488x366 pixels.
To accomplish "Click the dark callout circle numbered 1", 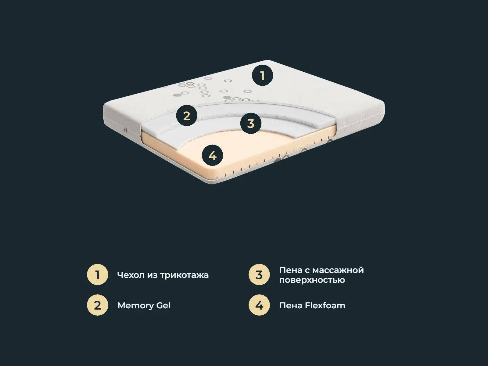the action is pos(262,75).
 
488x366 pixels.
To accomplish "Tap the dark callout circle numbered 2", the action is pos(187,116).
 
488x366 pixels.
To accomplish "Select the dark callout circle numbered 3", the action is pos(251,123).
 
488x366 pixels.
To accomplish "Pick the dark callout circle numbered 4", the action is pos(212,155).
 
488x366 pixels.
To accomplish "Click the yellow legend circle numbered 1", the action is pos(97,274).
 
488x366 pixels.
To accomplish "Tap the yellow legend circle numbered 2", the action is pos(97,305).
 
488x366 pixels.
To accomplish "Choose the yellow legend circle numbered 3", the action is pos(259,274).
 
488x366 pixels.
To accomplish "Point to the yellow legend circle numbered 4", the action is pos(259,305).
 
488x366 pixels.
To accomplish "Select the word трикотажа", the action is pos(184,275).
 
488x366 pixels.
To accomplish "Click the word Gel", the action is pos(163,305).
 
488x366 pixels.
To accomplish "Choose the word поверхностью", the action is pos(312,280).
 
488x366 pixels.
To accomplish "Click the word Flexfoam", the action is pos(325,305).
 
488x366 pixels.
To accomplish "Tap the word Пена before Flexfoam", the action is pos(291,306).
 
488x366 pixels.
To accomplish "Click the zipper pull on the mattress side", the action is pos(125,130).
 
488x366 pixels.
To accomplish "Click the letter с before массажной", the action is pos(307,271).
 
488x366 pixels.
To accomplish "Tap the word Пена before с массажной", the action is pos(291,270).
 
